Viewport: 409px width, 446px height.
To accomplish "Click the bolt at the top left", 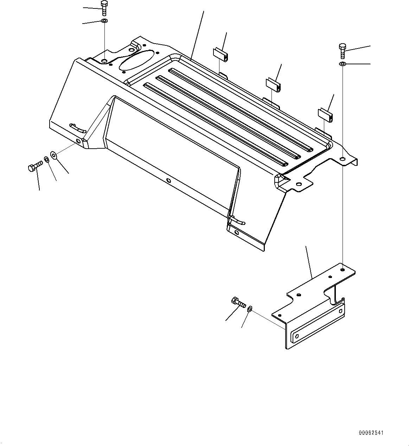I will coord(104,8).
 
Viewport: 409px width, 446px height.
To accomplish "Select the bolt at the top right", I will coord(343,51).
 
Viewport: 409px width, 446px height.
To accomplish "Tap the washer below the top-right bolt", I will coord(343,64).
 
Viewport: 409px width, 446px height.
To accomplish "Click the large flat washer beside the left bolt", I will coord(54,155).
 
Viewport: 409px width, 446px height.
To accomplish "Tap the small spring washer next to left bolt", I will coord(46,160).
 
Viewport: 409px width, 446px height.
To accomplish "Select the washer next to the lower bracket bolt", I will coord(249,309).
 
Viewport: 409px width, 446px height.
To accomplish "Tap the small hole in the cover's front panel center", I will coord(168,181).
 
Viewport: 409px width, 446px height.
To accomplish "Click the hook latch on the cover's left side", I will coord(77,128).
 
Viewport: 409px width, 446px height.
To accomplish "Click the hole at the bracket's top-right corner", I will coord(342,270).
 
